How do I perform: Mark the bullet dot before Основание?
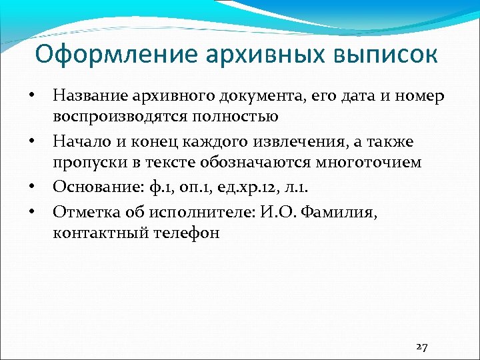coord(31,185)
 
